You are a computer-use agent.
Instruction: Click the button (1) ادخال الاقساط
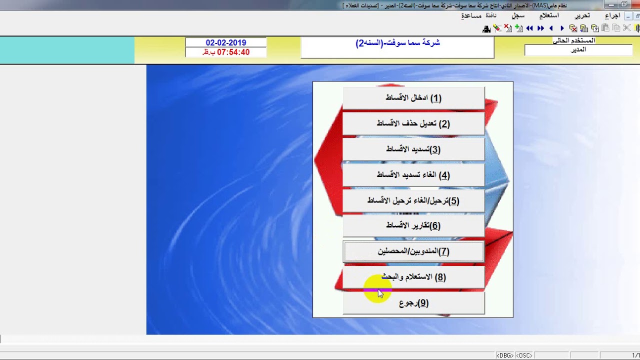click(413, 98)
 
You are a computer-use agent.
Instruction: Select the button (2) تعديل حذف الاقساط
click(413, 123)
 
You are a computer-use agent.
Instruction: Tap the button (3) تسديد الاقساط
click(413, 149)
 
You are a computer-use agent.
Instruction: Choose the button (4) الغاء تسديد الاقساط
click(413, 175)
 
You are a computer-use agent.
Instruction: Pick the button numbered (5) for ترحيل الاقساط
click(413, 200)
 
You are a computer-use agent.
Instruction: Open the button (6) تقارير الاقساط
click(413, 225)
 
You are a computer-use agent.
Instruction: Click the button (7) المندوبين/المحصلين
click(413, 251)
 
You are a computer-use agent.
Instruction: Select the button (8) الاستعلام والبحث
click(413, 277)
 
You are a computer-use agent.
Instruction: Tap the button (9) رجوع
click(413, 303)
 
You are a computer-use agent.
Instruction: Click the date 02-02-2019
click(226, 43)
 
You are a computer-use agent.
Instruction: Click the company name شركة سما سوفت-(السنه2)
click(397, 43)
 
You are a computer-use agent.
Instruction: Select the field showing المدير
click(578, 50)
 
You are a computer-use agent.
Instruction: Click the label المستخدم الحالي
click(573, 40)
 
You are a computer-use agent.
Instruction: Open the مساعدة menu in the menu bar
click(471, 15)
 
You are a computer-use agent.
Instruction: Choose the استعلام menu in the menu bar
click(548, 15)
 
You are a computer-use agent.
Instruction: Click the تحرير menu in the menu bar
click(582, 15)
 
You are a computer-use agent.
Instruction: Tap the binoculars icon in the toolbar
click(486, 28)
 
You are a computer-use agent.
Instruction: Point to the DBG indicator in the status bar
click(504, 355)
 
